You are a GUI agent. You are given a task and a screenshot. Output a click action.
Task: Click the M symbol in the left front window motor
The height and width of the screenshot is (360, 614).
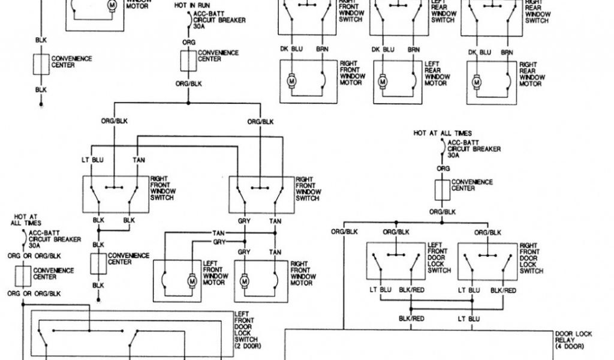pyautogui.click(x=193, y=280)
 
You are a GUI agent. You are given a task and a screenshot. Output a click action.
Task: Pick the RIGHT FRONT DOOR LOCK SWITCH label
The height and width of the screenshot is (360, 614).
pyautogui.click(x=531, y=258)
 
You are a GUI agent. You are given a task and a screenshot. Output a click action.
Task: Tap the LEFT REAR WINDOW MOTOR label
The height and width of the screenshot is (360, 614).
pyautogui.click(x=437, y=73)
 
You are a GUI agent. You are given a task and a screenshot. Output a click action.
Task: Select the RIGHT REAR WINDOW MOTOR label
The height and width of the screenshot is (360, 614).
pyautogui.click(x=532, y=74)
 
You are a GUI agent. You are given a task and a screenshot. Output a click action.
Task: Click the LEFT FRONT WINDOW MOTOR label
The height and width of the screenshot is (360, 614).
pyautogui.click(x=216, y=273)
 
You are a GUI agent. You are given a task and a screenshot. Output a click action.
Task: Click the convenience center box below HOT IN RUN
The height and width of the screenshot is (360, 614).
pyautogui.click(x=188, y=61)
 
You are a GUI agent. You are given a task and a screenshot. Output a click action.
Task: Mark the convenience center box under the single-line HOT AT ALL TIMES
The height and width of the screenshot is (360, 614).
pyautogui.click(x=443, y=190)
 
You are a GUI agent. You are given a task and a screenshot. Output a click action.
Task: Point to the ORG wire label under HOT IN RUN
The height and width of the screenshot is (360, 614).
pyautogui.click(x=188, y=43)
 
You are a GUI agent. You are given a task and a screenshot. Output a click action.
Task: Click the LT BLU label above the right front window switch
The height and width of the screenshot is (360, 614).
pyautogui.click(x=93, y=160)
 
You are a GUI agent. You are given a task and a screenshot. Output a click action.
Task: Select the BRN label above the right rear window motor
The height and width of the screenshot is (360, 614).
pyautogui.click(x=507, y=52)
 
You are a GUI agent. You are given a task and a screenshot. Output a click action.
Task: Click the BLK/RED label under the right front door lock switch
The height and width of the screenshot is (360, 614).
pyautogui.click(x=503, y=290)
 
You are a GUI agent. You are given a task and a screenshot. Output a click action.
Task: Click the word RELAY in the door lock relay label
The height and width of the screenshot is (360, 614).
pyautogui.click(x=564, y=340)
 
